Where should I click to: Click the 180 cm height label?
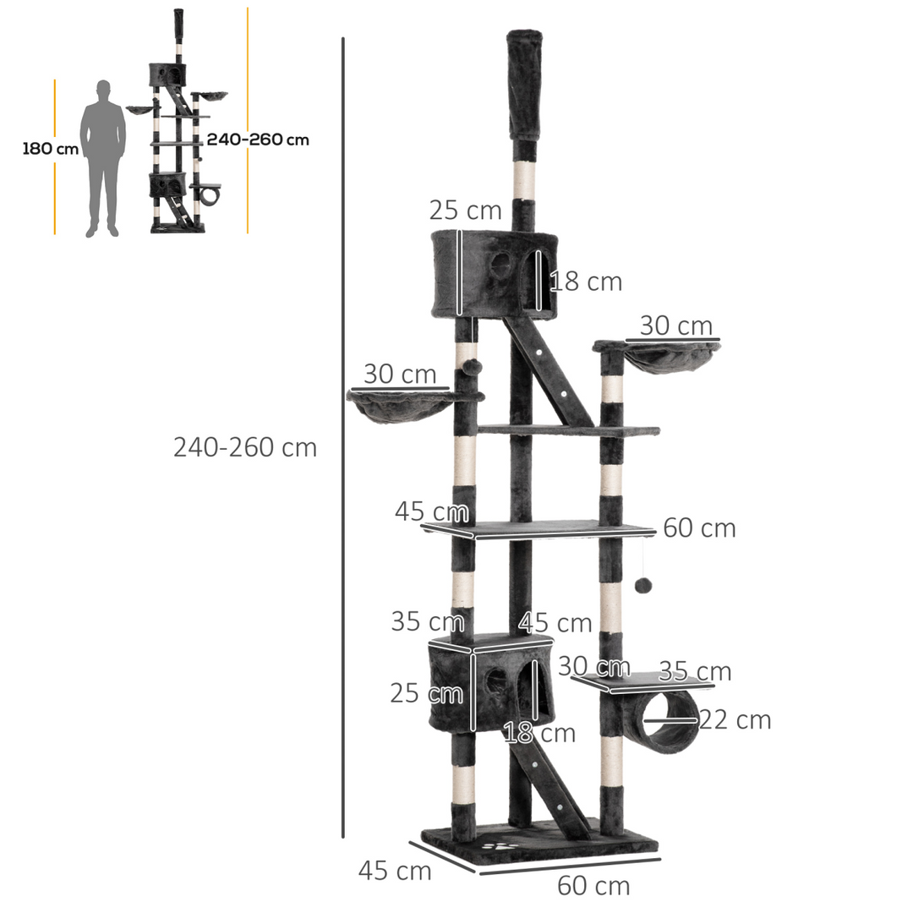coord(50,149)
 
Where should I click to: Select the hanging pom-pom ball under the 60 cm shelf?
coord(642,585)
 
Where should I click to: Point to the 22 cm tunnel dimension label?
coord(735,720)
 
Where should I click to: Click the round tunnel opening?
coord(670,721)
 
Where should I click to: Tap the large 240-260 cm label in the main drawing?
coord(245,447)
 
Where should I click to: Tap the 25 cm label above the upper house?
coord(465,210)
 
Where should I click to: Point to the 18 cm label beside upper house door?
coord(586,282)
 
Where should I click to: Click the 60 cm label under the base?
coord(593,886)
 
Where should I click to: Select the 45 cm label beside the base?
coord(395,871)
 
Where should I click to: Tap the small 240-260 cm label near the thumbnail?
coord(258,139)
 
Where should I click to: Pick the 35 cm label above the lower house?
coord(427,621)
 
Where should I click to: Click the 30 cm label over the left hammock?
coord(400,374)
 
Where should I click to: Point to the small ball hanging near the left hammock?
coord(472,367)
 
